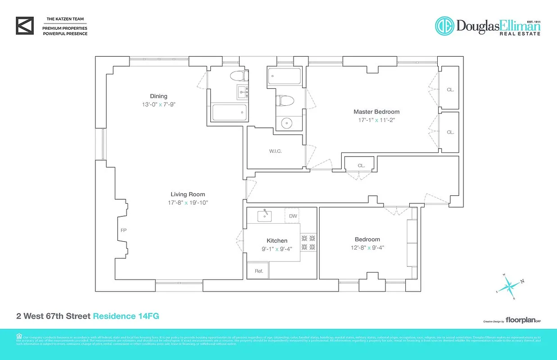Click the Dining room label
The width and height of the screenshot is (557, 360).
[158, 96]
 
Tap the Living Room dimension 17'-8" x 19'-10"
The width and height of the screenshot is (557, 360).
[187, 202]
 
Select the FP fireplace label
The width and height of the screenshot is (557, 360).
[123, 230]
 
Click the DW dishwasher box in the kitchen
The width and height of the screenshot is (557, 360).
[293, 216]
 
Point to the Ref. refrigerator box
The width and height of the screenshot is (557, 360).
[258, 271]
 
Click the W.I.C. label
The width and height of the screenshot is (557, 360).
[275, 151]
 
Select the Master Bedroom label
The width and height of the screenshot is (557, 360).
[376, 112]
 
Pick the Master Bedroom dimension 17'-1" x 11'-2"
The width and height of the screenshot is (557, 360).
[376, 120]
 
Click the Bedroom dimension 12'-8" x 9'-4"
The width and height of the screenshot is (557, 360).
[367, 247]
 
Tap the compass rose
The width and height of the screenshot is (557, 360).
[509, 285]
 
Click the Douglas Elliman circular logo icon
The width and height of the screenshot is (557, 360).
[444, 26]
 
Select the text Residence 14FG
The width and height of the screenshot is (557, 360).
[126, 316]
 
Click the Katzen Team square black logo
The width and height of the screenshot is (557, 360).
[25, 26]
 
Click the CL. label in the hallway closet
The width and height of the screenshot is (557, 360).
[361, 165]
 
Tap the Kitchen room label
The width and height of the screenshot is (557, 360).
[277, 241]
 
